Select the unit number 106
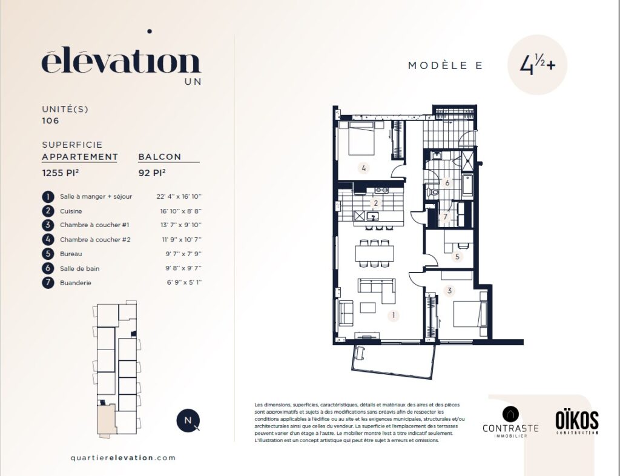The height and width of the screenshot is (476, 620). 51,121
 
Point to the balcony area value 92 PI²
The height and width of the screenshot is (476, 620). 152,173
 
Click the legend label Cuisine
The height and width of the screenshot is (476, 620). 71,211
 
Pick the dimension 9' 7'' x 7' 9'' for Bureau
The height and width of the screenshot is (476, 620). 183,254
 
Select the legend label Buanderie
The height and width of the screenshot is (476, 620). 76,283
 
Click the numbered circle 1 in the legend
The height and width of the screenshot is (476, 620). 48,196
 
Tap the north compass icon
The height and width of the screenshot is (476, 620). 188,420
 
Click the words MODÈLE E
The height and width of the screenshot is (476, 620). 445,65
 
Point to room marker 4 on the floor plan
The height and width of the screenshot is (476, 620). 364,168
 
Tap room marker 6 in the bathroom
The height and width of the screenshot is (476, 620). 447,183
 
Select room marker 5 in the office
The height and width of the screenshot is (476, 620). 457,256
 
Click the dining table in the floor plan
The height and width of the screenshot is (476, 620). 374,253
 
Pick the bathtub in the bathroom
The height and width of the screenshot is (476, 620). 467,185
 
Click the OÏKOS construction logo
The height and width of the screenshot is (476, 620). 577,422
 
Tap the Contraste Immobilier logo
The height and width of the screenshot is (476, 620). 510,422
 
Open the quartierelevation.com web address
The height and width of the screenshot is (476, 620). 123,458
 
